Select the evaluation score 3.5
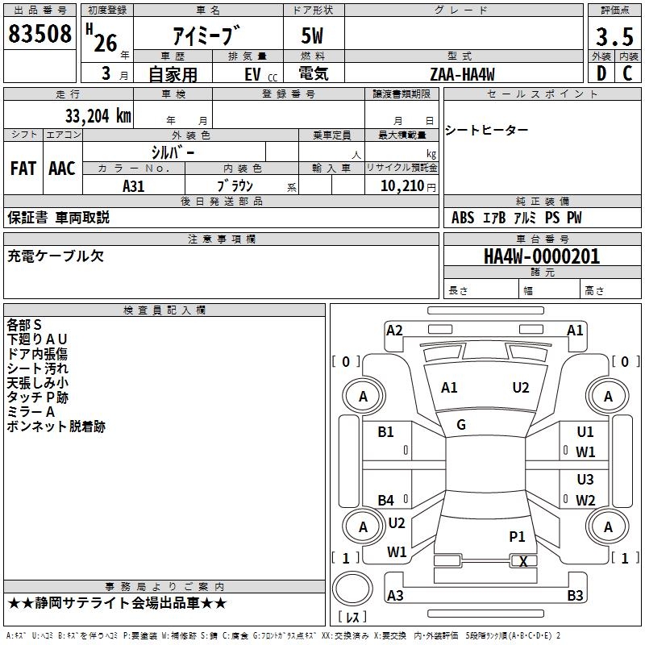pos(614,36)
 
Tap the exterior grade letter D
pos(601,73)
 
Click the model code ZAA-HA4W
pos(462,74)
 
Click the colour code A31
pos(134,185)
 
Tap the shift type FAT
pos(23,169)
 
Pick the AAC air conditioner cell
pos(62,169)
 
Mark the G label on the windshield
pos(461,425)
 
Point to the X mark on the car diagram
pos(523,561)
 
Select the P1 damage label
pos(517,536)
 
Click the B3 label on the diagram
pos(575,596)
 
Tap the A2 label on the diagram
pos(394,330)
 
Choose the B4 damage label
pos(386,501)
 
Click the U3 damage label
pos(585,480)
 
